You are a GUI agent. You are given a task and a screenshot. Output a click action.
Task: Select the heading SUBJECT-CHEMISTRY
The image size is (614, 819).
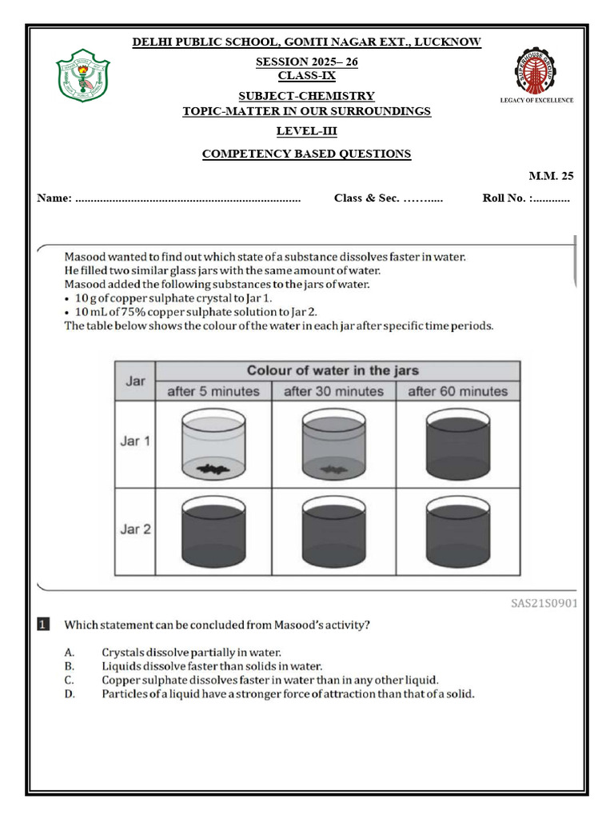(x=307, y=96)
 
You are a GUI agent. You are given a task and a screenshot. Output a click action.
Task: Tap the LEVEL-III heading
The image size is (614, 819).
(x=306, y=131)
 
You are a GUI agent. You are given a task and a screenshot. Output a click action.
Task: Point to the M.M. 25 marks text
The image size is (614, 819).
(x=551, y=176)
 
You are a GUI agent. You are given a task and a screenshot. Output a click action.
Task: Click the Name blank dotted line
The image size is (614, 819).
(x=187, y=198)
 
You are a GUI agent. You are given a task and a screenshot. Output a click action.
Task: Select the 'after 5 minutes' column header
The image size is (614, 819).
(x=213, y=391)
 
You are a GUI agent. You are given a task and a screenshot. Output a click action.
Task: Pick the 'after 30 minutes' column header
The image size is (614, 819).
(x=333, y=391)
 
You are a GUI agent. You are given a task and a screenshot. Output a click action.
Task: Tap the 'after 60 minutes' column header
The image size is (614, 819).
(x=457, y=391)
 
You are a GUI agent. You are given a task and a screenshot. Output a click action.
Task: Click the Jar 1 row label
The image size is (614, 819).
(x=135, y=441)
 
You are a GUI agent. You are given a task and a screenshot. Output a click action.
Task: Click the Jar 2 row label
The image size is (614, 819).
(x=135, y=529)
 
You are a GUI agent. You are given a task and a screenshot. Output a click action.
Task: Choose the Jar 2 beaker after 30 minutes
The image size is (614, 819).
(x=333, y=532)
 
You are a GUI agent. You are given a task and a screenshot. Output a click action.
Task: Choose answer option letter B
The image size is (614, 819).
(x=70, y=665)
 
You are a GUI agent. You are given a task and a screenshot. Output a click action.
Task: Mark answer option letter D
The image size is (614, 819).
(x=70, y=693)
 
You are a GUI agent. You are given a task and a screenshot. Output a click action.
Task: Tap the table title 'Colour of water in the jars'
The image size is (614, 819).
(x=333, y=370)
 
